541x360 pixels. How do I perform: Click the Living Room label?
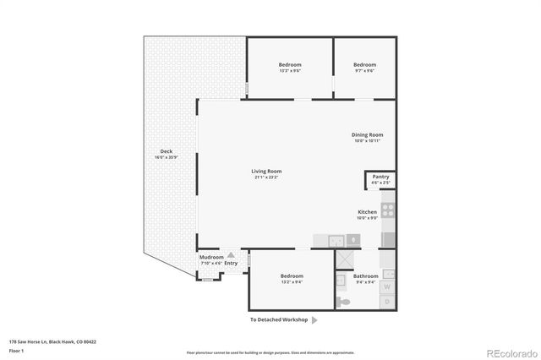pos(266,172)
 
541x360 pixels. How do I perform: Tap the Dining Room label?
pos(368,134)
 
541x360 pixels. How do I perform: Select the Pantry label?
pos(380,177)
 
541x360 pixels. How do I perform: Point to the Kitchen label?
pos(367,211)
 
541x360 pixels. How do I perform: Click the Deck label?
pos(167,151)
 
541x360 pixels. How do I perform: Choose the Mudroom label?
pos(210,257)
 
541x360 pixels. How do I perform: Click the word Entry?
pos(231,263)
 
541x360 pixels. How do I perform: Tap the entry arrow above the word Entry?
pos(231,254)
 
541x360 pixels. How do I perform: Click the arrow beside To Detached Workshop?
pos(314,320)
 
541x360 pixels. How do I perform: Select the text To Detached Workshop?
pos(278,320)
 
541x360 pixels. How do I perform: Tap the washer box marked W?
pos(388,274)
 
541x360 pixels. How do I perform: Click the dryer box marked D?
pos(388,299)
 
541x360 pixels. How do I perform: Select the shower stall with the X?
pos(345,259)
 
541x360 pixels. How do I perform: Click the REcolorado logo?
pos(510,352)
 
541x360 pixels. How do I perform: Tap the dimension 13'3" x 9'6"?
pos(290,71)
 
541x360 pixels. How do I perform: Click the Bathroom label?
pos(366,276)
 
